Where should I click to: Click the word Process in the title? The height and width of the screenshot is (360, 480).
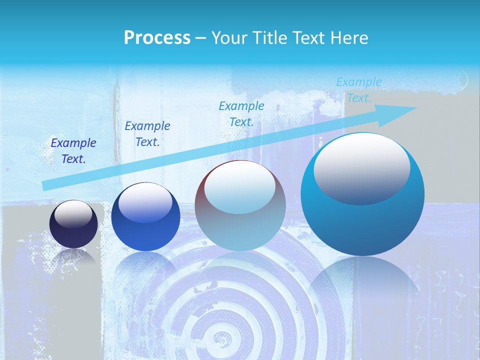[x=157, y=38]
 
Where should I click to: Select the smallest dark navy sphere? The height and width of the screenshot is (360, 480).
[x=73, y=224]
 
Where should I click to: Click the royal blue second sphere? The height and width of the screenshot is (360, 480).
[x=145, y=217]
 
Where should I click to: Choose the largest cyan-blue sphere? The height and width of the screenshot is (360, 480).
[x=362, y=195]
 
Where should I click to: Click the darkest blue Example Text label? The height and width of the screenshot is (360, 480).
[x=73, y=151]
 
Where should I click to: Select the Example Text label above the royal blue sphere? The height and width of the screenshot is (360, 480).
[x=147, y=134]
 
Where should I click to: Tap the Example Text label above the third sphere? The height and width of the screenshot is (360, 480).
[x=241, y=113]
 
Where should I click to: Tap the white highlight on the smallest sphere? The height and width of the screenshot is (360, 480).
[x=73, y=213]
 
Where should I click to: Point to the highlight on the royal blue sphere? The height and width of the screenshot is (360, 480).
[x=145, y=201]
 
